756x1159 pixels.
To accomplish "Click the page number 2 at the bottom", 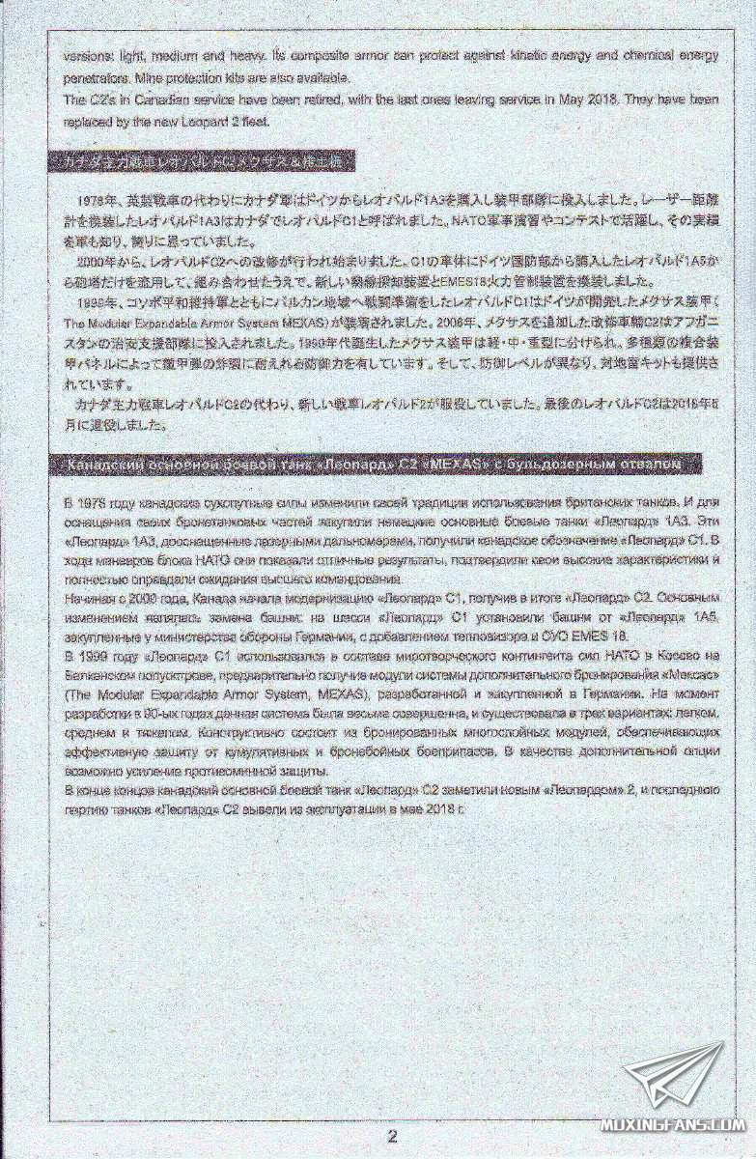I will tap(392, 1136).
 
